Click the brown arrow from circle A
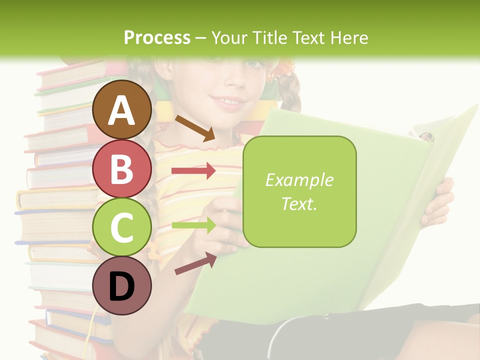pyautogui.click(x=195, y=128)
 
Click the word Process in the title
pyautogui.click(x=157, y=37)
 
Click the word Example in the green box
pyautogui.click(x=299, y=180)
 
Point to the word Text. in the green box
pyautogui.click(x=299, y=203)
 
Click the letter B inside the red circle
pyautogui.click(x=122, y=168)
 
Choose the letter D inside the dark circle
pyautogui.click(x=122, y=286)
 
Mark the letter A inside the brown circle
pyautogui.click(x=122, y=110)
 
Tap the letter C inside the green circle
pyautogui.click(x=122, y=227)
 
